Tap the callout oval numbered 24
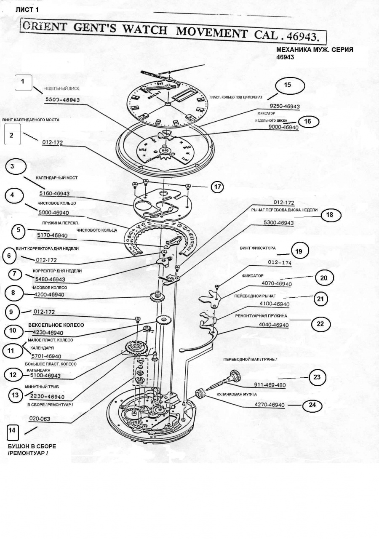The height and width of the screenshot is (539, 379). pos(312,406)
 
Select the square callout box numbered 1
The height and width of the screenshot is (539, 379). pos(24,82)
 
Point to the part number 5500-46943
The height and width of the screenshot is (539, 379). pos(62,100)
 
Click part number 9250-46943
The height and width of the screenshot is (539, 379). pos(285,107)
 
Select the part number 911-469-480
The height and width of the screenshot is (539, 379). pos(270,385)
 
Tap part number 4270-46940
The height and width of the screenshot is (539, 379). pos(270,405)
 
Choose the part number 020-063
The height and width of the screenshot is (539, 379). pos(40,419)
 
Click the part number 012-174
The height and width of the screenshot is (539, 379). pos(280,263)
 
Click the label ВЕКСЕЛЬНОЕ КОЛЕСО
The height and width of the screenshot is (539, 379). pos(56,325)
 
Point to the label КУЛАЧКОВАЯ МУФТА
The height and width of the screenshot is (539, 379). pos(237,395)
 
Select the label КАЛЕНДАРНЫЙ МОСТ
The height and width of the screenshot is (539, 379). pos(57,178)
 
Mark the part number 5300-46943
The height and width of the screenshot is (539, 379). pos(278,222)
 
